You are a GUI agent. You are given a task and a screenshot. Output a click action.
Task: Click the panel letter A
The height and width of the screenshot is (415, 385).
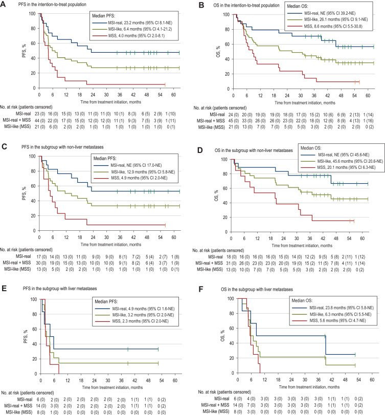[4, 4]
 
